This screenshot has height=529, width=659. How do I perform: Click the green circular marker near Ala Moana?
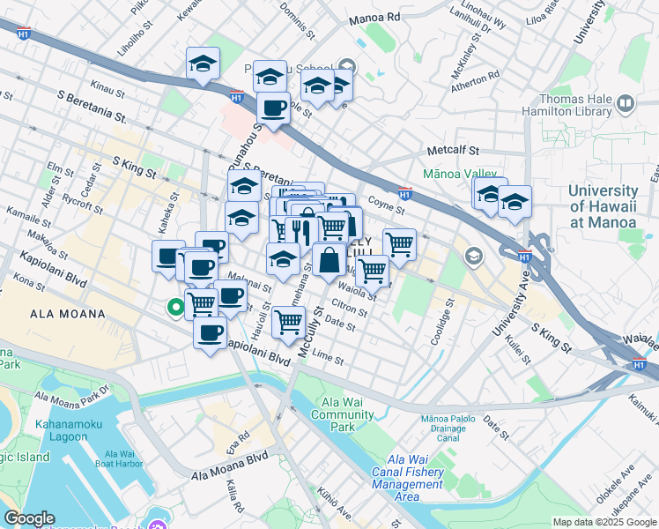(175, 307)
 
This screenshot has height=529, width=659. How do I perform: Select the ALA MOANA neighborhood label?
(68, 314)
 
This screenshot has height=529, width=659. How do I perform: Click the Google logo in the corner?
(29, 518)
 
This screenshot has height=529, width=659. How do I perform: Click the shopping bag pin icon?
(329, 260)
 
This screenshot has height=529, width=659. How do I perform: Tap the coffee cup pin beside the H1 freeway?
(273, 108)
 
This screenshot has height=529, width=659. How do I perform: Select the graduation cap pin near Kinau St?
(203, 64)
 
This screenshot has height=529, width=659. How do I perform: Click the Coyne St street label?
(386, 205)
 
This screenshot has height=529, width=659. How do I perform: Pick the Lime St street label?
(327, 357)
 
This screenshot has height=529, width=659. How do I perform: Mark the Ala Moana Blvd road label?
(230, 468)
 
